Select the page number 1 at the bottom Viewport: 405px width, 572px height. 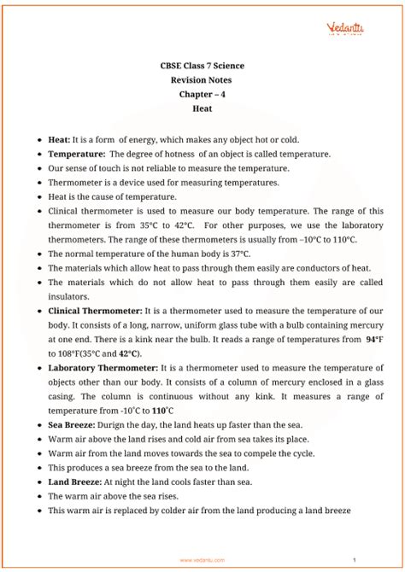coord(377,560)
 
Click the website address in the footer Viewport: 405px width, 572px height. coord(202,560)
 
